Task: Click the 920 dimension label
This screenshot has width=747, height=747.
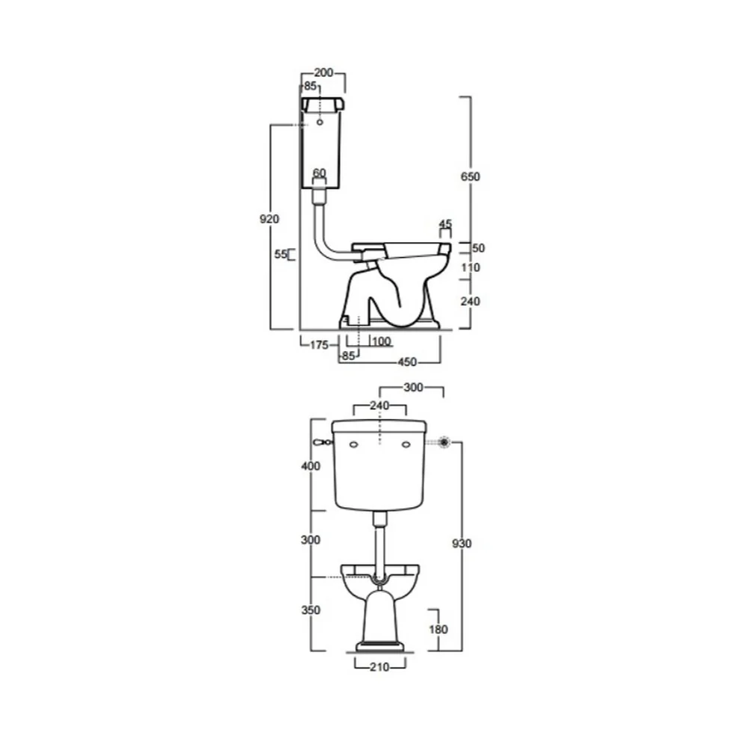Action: (269, 219)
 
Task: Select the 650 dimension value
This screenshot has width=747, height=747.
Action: (470, 177)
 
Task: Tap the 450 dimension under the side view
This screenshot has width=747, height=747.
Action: (407, 362)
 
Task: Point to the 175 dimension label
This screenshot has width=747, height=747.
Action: (319, 344)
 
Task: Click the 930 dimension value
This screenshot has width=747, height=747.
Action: (462, 544)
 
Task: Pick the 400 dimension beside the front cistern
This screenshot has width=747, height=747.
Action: (311, 466)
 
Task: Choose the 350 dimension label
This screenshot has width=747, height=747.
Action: (311, 610)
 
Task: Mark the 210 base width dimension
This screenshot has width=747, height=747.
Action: (379, 667)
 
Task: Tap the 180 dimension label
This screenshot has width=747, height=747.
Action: (438, 630)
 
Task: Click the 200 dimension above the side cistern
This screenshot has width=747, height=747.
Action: (323, 73)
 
